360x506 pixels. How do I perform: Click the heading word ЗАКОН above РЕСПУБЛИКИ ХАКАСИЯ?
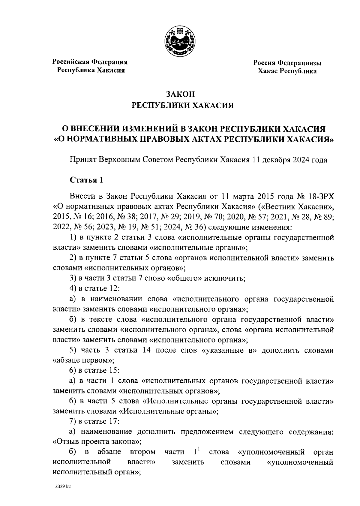click(180, 94)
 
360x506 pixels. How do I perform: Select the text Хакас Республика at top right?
click(287, 71)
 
